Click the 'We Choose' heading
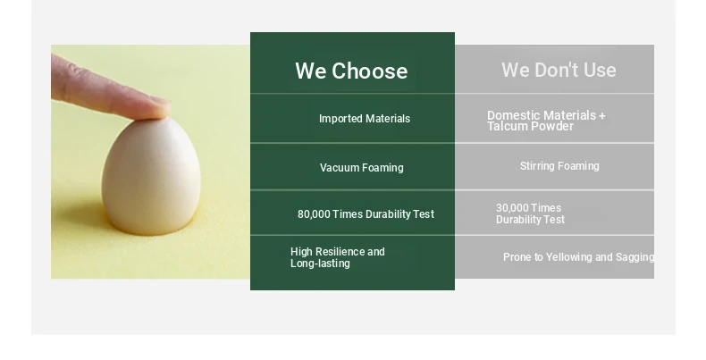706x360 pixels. [351, 71]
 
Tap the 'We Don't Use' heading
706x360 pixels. [559, 70]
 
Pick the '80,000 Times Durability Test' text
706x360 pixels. [366, 213]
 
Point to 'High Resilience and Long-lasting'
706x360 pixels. [338, 257]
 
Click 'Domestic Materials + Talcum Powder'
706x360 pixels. [546, 121]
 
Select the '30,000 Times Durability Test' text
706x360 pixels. [530, 213]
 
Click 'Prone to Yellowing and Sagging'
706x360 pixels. [578, 257]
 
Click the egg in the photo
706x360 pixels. [151, 175]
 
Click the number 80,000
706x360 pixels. [314, 214]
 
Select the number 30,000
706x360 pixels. [512, 208]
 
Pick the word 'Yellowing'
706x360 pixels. [569, 257]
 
